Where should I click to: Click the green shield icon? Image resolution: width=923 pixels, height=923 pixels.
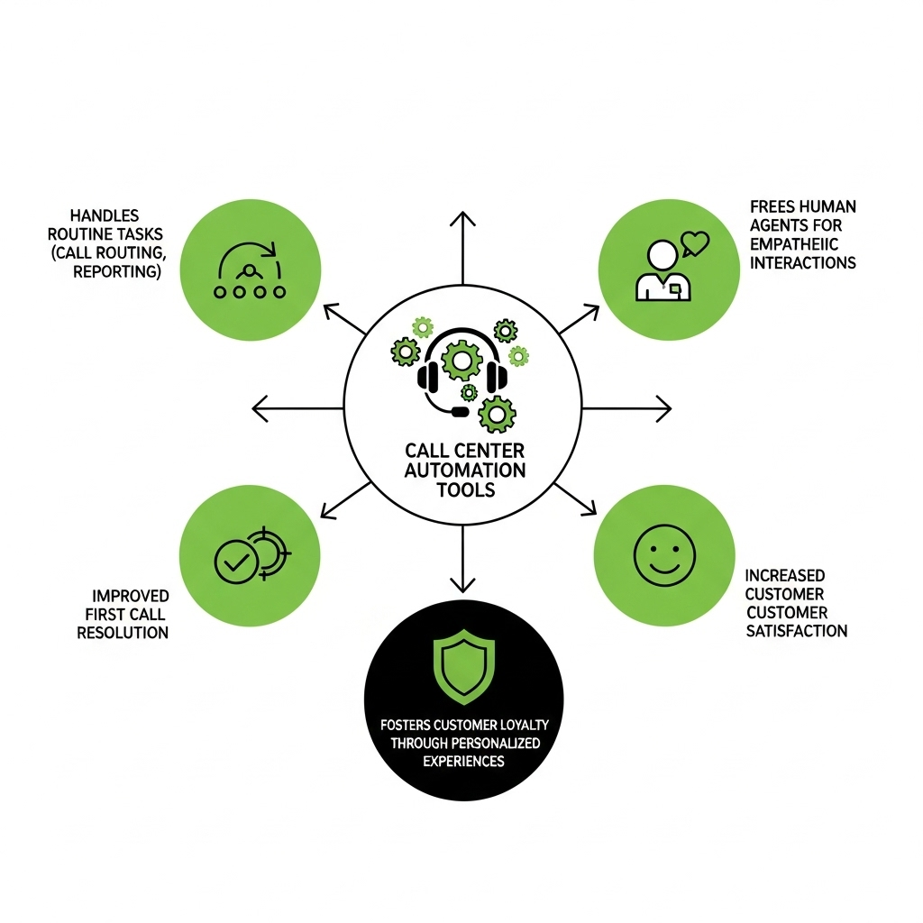coord(464,666)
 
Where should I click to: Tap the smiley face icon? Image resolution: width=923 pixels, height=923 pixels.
coord(664,555)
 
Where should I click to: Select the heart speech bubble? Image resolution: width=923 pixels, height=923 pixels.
coord(695,243)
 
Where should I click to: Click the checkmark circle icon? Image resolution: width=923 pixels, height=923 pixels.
coord(235,562)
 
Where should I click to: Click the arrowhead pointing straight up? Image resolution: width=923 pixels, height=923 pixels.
coord(462,219)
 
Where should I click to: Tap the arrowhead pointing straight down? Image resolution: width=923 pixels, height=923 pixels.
coord(462,584)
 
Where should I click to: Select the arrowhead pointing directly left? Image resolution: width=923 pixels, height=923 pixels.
coord(260,408)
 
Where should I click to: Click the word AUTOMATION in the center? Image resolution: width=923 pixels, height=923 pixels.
coord(465,471)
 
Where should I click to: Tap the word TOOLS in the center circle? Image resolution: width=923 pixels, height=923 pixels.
coord(466,489)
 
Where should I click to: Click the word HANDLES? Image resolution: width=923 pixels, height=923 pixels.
coord(105,215)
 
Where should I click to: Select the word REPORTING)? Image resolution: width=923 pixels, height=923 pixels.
coord(117,271)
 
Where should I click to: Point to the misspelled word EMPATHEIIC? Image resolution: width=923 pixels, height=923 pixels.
coord(794,243)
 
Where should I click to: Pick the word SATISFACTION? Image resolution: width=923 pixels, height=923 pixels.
coord(797,631)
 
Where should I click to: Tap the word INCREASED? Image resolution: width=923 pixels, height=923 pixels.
coord(785,575)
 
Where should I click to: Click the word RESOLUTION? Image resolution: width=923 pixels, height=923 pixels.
coord(123,633)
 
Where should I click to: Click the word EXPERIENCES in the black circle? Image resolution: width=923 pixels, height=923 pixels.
coord(464,761)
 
